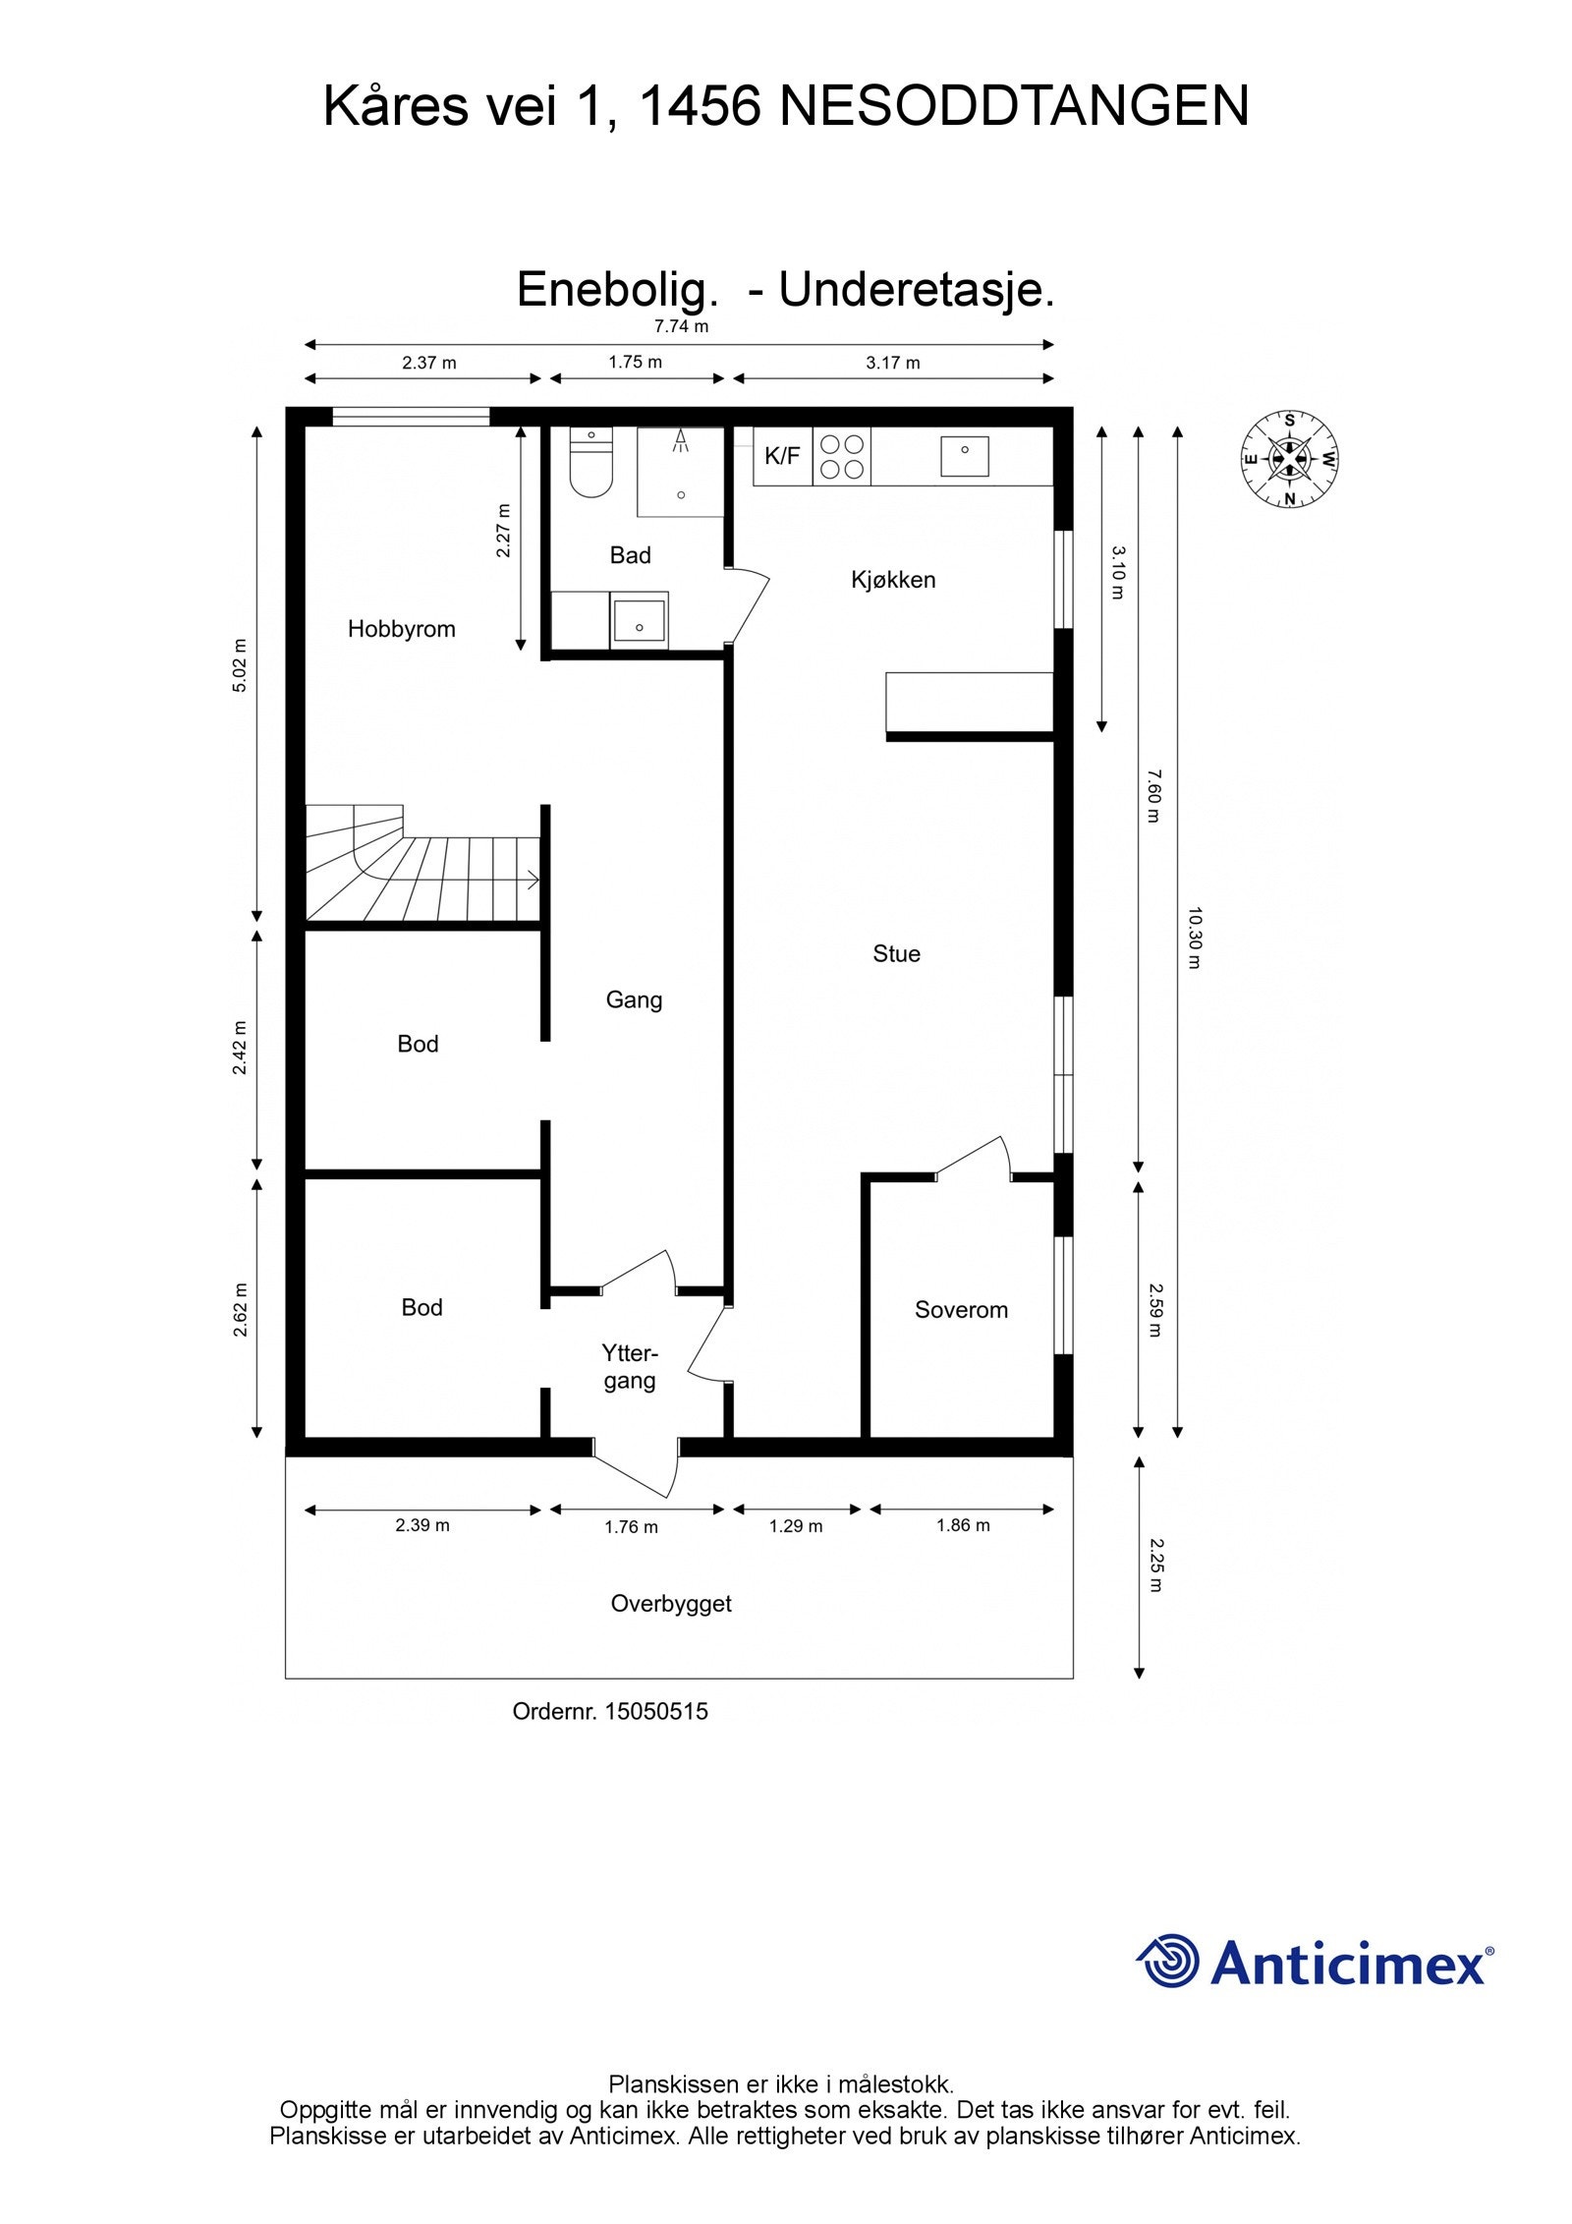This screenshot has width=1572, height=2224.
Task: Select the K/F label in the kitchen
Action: [782, 456]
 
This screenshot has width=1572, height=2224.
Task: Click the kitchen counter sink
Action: [964, 456]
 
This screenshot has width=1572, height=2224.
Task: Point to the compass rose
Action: [1289, 459]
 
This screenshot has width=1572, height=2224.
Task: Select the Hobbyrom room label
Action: [402, 629]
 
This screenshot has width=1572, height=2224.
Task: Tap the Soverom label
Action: [961, 1310]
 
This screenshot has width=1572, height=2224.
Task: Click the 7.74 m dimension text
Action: [681, 326]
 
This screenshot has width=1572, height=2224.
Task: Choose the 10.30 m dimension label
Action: [1194, 938]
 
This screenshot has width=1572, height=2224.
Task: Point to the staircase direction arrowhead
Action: [533, 880]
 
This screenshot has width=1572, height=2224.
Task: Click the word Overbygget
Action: [671, 1604]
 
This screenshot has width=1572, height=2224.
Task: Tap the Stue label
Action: [896, 953]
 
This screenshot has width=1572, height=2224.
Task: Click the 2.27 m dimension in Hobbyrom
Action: [503, 531]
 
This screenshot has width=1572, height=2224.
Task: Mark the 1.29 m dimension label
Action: [796, 1525]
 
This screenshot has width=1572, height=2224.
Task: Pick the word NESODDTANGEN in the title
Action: [1014, 106]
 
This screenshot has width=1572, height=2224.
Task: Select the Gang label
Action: [634, 1000]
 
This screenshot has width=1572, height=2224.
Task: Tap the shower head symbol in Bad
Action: [679, 440]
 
